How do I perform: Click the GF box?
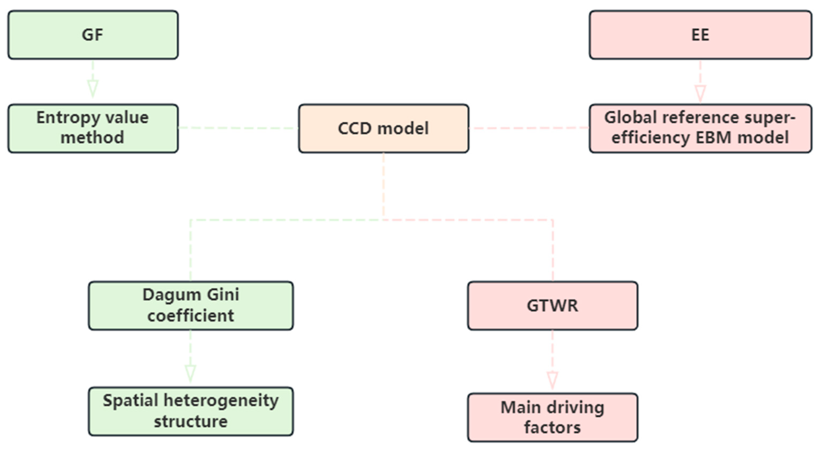click(93, 35)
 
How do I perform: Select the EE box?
click(700, 35)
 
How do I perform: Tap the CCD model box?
click(384, 128)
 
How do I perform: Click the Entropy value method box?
click(93, 128)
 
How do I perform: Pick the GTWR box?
click(553, 305)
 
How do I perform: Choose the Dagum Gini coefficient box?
click(191, 305)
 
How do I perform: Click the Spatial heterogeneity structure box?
click(191, 411)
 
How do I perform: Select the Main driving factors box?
click(553, 417)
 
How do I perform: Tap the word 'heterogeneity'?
click(221, 401)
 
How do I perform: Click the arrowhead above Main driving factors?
click(553, 379)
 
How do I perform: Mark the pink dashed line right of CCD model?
click(529, 128)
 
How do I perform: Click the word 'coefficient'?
click(191, 316)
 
